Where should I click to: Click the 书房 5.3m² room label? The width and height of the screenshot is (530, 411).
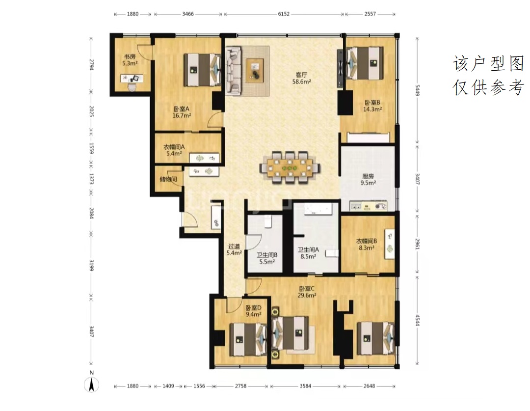(130, 60)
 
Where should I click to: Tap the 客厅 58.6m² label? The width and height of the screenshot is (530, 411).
(301, 78)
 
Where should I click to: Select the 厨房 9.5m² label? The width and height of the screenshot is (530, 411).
(368, 180)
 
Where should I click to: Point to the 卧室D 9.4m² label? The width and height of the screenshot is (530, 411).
(254, 311)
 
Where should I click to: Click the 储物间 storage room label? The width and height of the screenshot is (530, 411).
(168, 179)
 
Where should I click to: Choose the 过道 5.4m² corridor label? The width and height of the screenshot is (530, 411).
(234, 249)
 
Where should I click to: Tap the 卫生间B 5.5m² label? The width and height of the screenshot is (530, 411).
(266, 258)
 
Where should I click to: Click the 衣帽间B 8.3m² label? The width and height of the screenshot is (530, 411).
(367, 244)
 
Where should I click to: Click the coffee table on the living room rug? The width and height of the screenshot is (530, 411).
(255, 70)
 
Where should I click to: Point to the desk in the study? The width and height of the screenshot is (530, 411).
(132, 79)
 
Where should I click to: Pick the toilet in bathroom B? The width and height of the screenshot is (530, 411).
(268, 221)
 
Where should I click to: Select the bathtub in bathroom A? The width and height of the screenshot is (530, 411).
(317, 209)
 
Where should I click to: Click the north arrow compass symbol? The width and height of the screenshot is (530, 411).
(91, 383)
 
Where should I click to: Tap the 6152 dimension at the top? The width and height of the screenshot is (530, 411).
(284, 14)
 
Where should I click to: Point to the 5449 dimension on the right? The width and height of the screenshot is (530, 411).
(418, 90)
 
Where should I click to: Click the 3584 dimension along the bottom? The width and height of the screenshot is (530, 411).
(305, 385)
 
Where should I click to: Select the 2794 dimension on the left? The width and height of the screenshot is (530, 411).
(91, 65)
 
